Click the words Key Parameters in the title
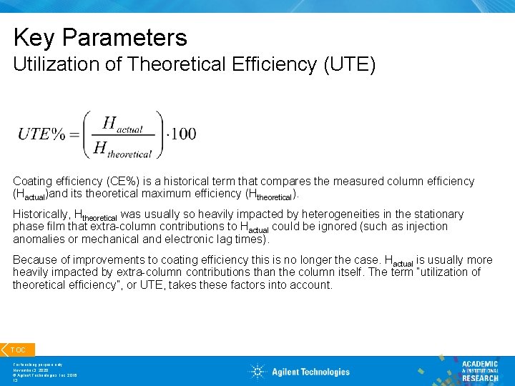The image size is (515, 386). (100, 37)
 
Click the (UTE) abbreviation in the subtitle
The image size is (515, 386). (349, 65)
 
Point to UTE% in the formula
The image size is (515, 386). (42, 134)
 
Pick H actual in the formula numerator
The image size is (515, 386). (123, 124)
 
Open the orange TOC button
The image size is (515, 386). (17, 350)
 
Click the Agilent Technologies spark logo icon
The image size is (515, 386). (257, 371)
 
